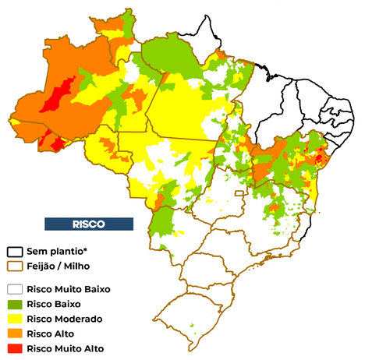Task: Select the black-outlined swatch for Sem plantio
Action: [x=15, y=252]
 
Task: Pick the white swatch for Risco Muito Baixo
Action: [x=15, y=289]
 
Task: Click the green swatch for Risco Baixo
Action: [x=15, y=304]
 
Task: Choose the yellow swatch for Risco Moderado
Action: [x=15, y=319]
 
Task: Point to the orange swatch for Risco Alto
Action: [x=15, y=334]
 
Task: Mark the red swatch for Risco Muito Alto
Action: [x=15, y=348]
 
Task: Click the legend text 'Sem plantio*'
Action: [x=55, y=252]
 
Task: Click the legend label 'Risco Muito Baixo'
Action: [x=68, y=289]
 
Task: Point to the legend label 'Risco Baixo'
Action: [x=54, y=304]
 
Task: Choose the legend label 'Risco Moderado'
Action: [x=64, y=319]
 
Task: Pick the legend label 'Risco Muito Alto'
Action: [x=65, y=348]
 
